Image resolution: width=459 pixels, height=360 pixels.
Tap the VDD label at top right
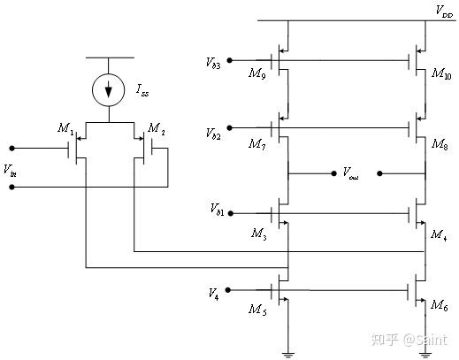tap(444, 12)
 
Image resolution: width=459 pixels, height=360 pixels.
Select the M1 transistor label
tap(65, 129)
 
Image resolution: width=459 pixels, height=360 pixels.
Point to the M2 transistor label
tap(157, 129)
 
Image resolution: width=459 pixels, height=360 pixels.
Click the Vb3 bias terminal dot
tap(230, 60)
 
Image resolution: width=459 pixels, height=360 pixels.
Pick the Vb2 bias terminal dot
tap(230, 127)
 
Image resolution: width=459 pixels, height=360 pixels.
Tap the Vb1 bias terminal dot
tap(231, 213)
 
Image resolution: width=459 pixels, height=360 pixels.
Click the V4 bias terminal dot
tap(228, 290)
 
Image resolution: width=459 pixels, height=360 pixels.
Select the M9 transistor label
tap(257, 73)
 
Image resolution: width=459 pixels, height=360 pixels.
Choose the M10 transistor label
tap(441, 73)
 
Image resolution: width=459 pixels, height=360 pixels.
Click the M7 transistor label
tap(257, 144)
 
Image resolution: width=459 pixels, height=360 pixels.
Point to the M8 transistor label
tap(440, 144)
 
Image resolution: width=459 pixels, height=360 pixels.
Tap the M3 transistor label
tap(259, 234)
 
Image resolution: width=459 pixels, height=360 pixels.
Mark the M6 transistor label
tap(440, 305)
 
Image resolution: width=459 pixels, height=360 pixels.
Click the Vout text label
tap(350, 172)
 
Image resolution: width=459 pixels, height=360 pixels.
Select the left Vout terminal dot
tap(333, 173)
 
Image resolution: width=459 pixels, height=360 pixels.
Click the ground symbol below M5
tap(288, 355)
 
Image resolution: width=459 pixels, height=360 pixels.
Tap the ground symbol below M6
tap(425, 355)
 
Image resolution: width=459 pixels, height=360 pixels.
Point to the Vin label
tap(10, 171)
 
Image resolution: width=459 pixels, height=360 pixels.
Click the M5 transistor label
tap(257, 310)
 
